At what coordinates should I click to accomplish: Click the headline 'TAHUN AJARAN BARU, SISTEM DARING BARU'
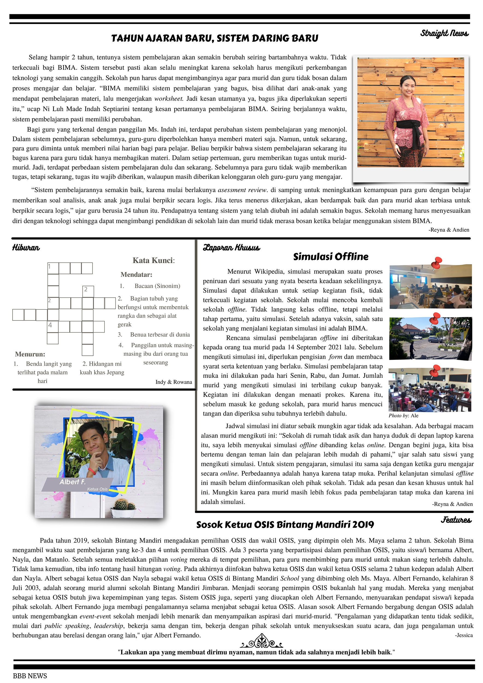point(214,39)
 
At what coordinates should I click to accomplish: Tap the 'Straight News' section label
point(444,33)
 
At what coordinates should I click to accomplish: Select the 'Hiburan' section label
point(26,248)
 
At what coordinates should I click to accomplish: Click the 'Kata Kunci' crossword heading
point(153,260)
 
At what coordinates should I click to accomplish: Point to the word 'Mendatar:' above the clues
point(136,274)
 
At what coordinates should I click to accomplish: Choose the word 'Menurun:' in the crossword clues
point(30,354)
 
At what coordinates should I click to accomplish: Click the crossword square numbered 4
point(53,326)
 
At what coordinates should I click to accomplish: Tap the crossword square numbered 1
point(53,268)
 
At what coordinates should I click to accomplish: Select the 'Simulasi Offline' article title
point(330,257)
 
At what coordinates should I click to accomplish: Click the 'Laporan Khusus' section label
point(231,248)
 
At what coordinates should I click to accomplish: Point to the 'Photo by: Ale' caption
point(403,416)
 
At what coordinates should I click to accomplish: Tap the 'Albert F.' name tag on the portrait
point(73,482)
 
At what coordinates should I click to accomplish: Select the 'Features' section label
point(456,520)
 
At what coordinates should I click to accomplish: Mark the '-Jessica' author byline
point(464,635)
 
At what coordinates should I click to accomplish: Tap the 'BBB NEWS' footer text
point(30,676)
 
